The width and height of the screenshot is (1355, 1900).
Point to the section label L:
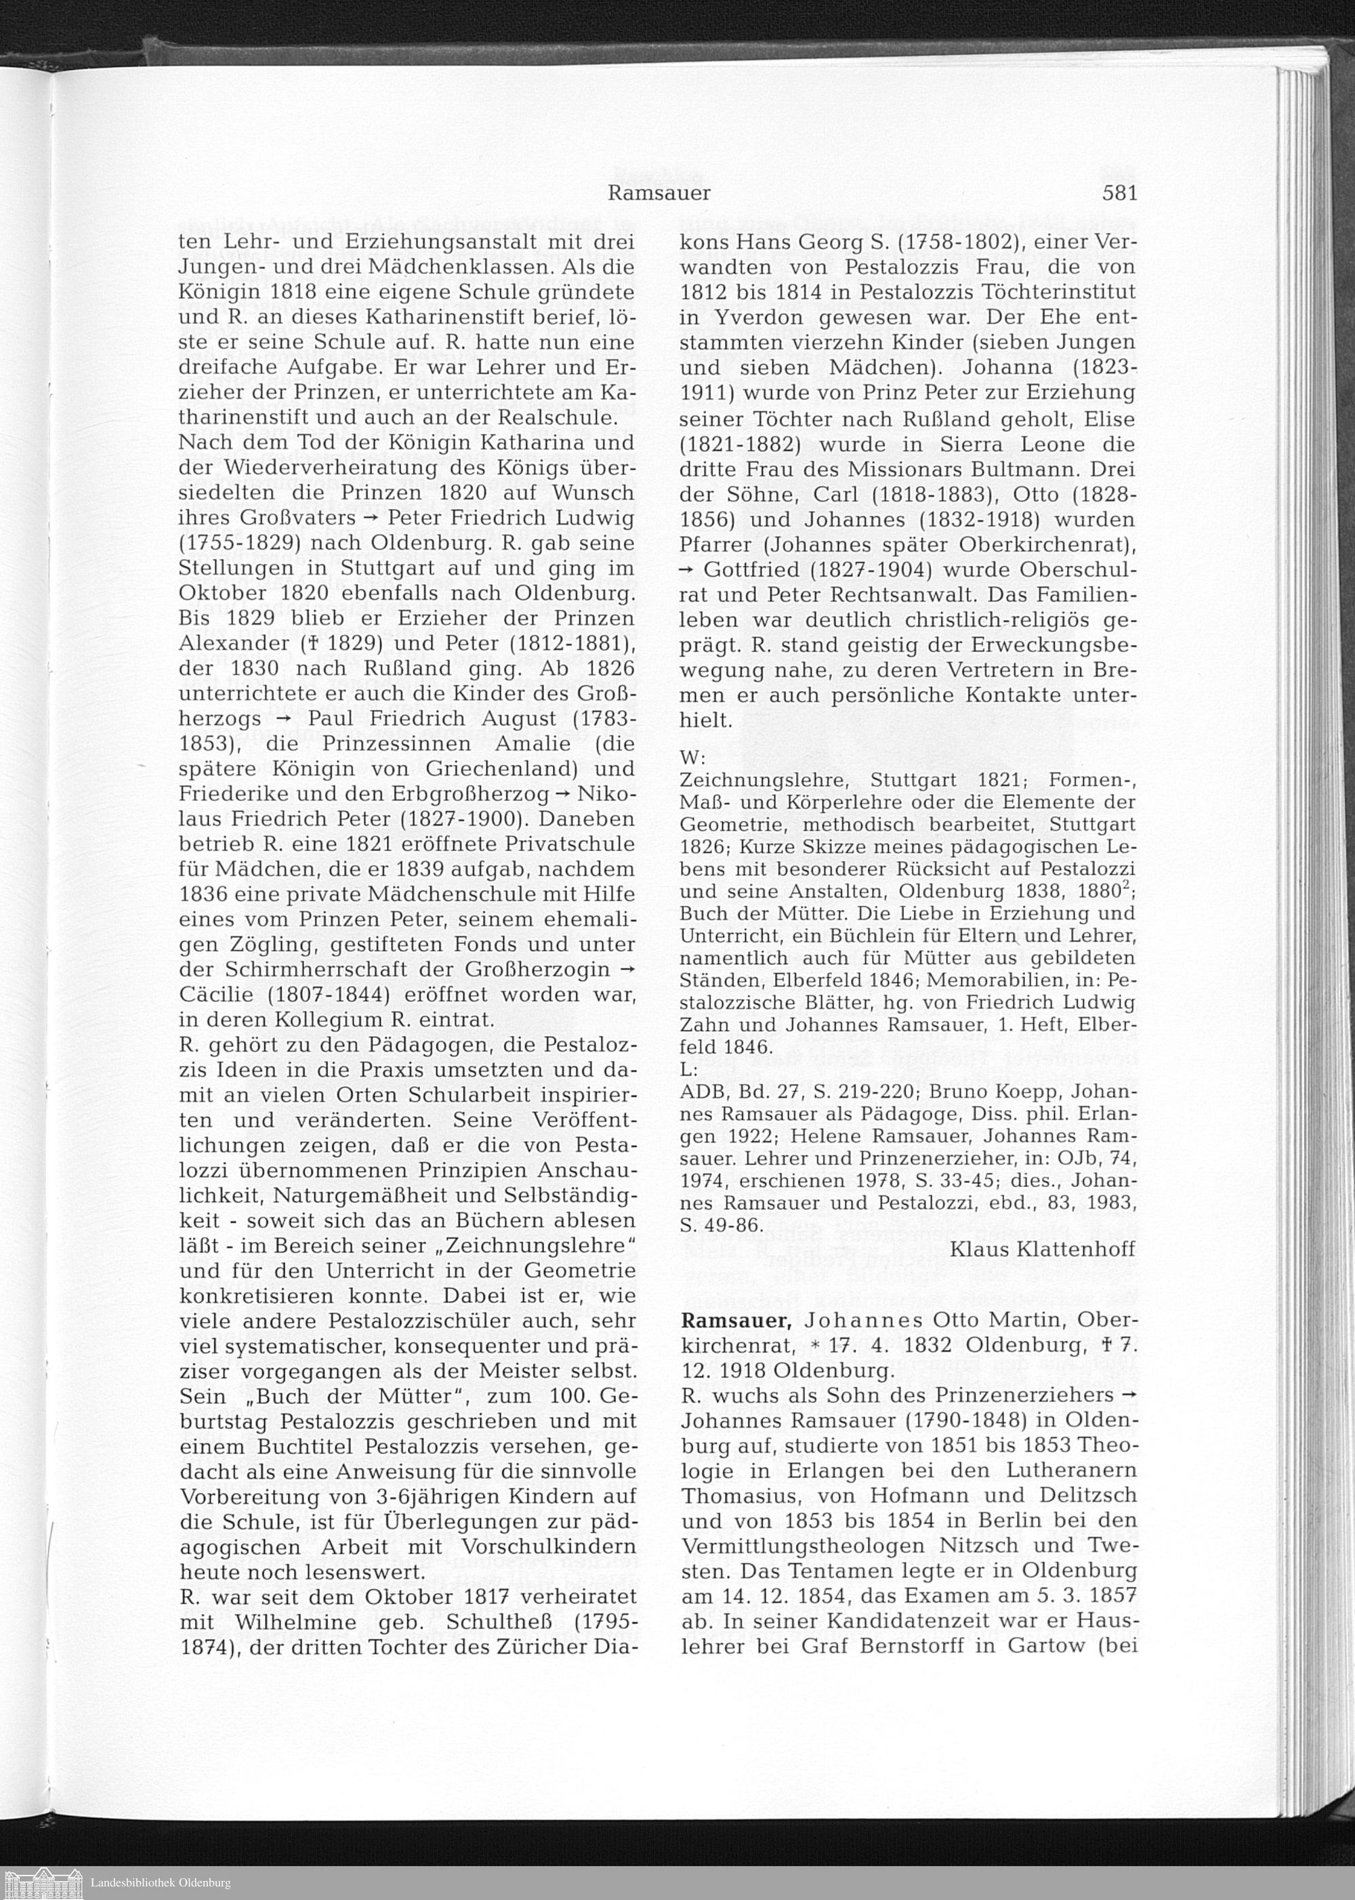tap(689, 1068)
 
